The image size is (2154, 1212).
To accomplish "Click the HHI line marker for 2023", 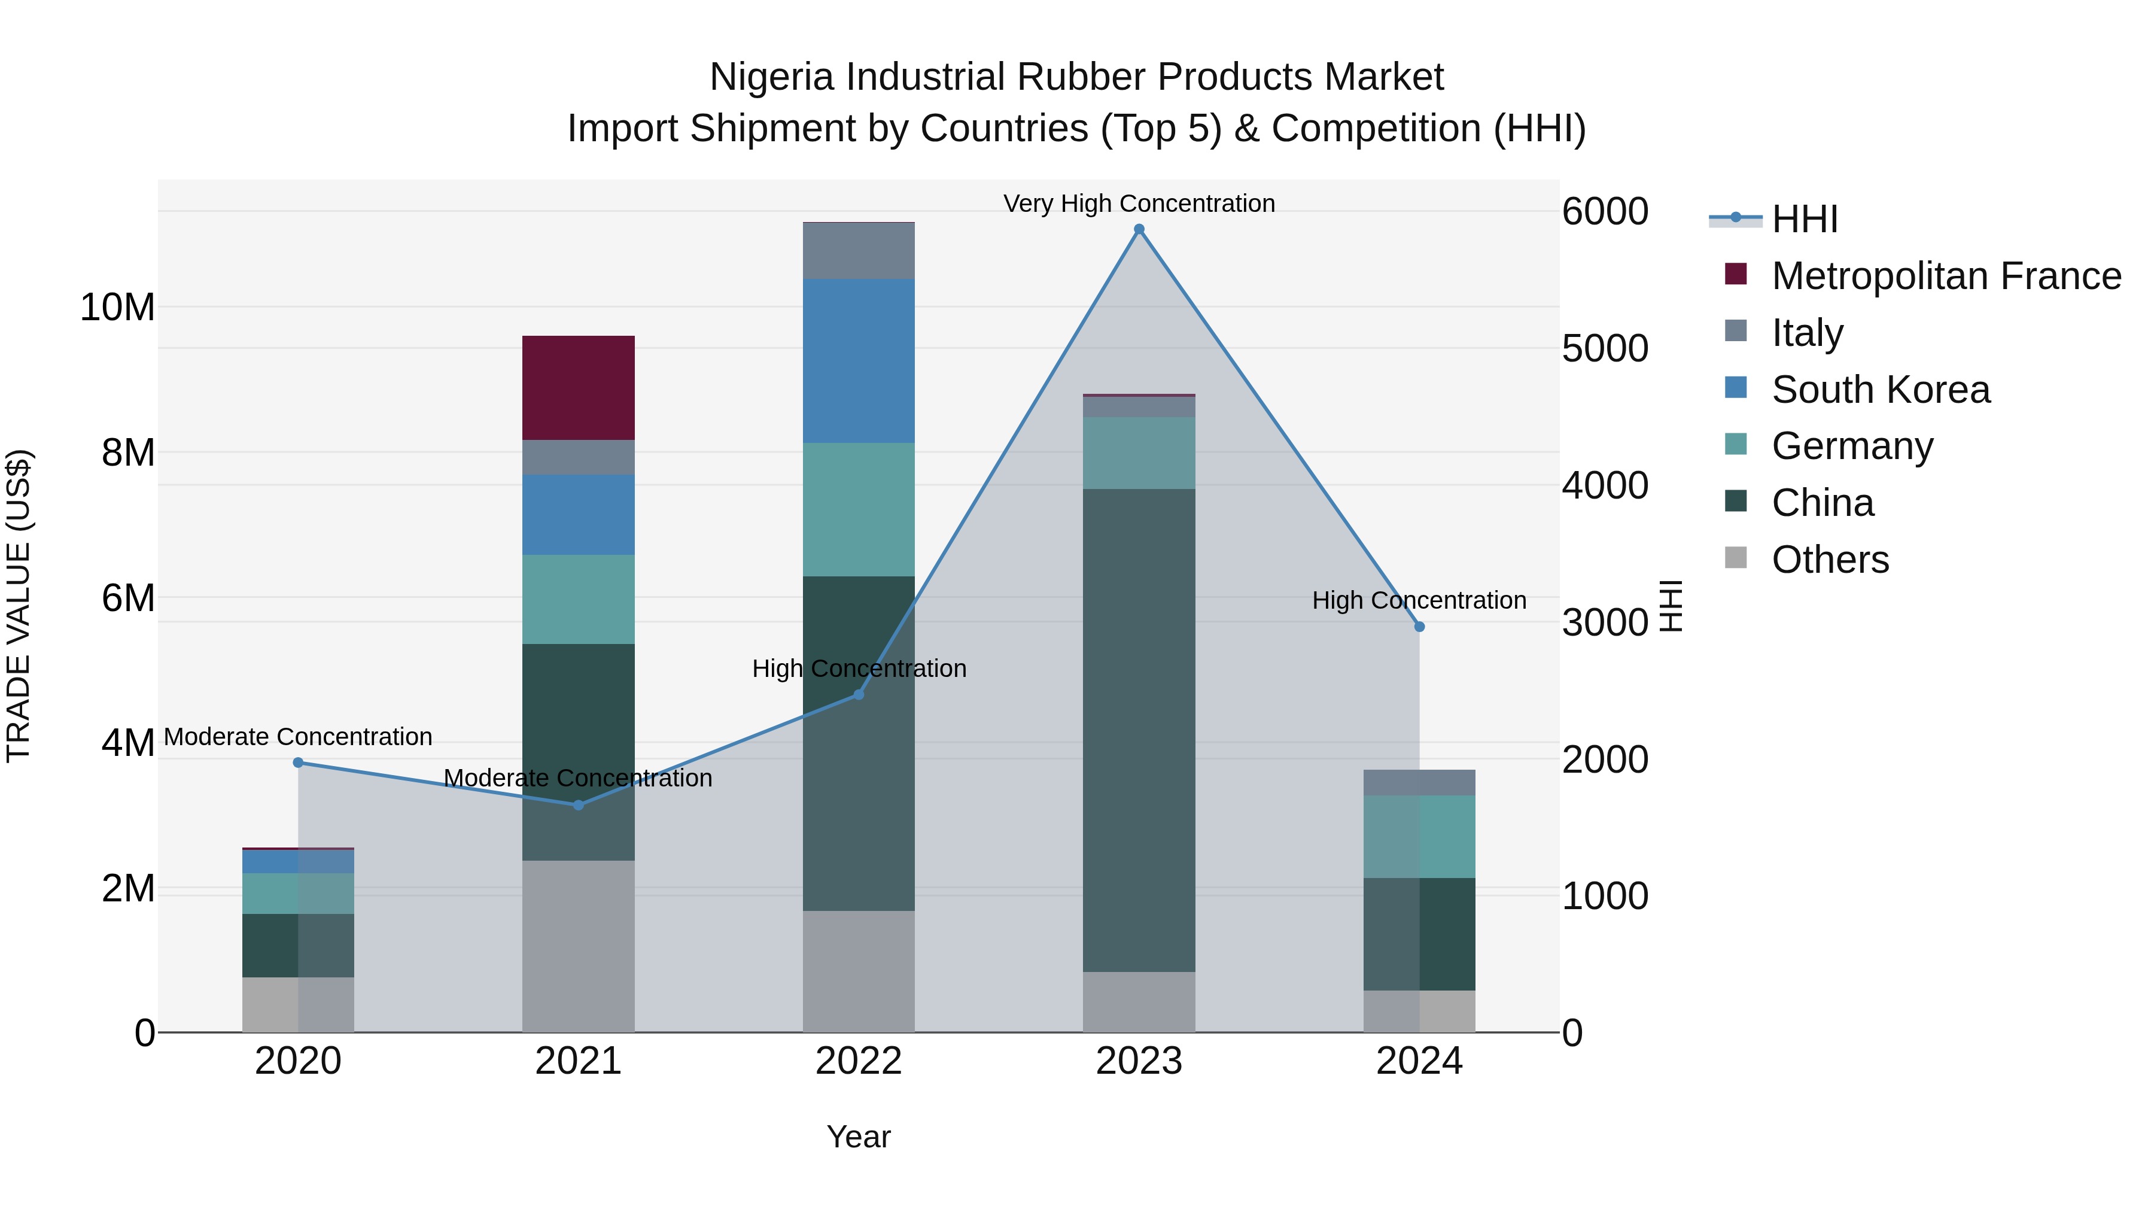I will pos(1139,229).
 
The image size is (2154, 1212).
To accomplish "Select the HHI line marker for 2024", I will pos(1419,627).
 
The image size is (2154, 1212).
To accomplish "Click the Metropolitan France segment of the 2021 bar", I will pos(579,387).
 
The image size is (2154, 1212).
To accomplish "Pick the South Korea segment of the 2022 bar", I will pos(859,360).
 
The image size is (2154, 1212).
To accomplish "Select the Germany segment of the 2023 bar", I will pos(1139,452).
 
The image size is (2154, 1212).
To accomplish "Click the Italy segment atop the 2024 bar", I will pos(1419,783).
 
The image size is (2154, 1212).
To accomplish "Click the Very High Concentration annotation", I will pos(1139,203).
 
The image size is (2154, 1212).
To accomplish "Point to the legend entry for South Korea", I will pos(1881,390).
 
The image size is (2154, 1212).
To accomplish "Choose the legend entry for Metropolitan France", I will pos(1946,276).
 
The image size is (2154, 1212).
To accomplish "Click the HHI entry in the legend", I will pos(1805,219).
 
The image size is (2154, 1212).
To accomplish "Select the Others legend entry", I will pos(1830,560).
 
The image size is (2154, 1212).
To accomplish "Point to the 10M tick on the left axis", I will pos(117,308).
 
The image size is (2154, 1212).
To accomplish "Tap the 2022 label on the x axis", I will pos(859,1061).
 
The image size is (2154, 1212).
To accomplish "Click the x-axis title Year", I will pos(859,1137).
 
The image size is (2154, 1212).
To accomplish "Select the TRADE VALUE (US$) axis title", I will pos(19,606).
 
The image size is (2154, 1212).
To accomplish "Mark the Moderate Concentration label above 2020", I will pos(299,737).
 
